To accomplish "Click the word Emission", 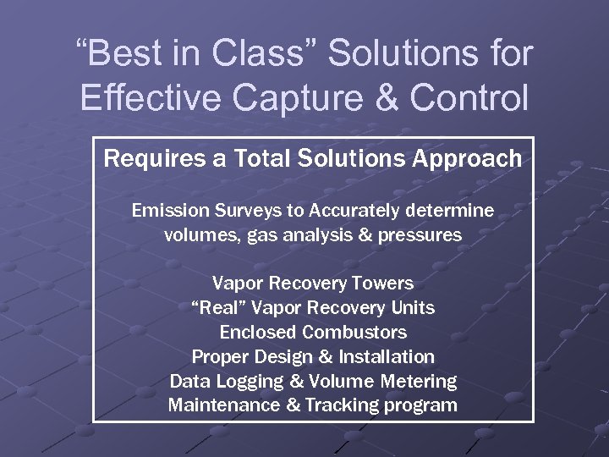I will pyautogui.click(x=166, y=210).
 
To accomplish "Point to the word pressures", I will pyautogui.click(x=423, y=235).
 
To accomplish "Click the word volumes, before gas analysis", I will pyautogui.click(x=201, y=235).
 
